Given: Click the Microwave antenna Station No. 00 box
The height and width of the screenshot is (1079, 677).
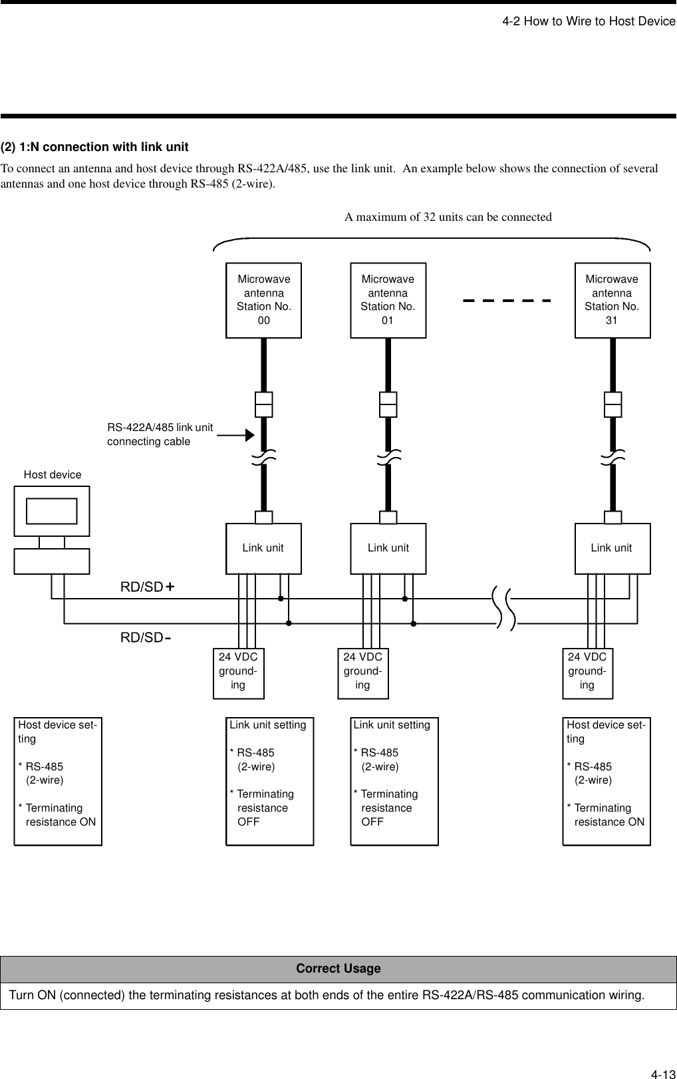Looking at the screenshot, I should point(263,300).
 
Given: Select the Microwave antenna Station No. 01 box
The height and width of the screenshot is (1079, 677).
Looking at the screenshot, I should point(388,300).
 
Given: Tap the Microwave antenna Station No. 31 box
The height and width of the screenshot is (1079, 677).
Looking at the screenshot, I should point(612,300).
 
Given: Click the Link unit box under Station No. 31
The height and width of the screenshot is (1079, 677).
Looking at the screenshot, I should point(612,548).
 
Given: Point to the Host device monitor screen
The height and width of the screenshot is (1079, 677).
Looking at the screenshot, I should point(52,511).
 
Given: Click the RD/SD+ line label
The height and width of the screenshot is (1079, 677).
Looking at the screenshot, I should point(147,587).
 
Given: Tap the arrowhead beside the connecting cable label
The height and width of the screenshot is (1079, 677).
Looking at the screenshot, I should point(249,435).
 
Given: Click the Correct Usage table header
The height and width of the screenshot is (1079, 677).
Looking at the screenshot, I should point(338,969).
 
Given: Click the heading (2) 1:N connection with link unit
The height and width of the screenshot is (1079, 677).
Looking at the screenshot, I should point(94,147).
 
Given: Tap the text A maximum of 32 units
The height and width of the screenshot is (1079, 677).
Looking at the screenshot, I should point(448,217).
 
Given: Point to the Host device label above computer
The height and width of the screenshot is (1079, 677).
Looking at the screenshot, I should point(53,474).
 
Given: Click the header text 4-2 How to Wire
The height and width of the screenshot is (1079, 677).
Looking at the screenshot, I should point(589,21).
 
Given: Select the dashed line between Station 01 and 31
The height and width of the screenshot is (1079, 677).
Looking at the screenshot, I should point(507,300).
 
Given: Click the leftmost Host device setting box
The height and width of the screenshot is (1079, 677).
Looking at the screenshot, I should point(58,781).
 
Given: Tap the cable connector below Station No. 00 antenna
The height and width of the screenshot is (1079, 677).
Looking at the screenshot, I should point(264,404).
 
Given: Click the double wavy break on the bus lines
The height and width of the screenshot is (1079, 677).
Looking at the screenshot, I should point(505,607).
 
